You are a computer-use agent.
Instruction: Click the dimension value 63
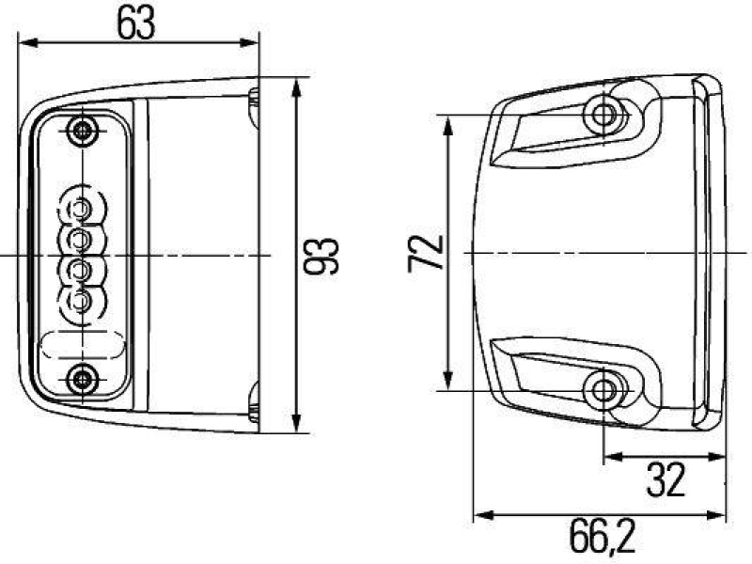[x=136, y=23]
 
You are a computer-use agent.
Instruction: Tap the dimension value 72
[x=426, y=253]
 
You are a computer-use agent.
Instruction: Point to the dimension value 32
[x=666, y=480]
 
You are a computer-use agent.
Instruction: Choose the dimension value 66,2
[x=602, y=538]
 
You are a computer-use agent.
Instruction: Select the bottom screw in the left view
[x=85, y=379]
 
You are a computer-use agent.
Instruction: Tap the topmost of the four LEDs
[x=81, y=206]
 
